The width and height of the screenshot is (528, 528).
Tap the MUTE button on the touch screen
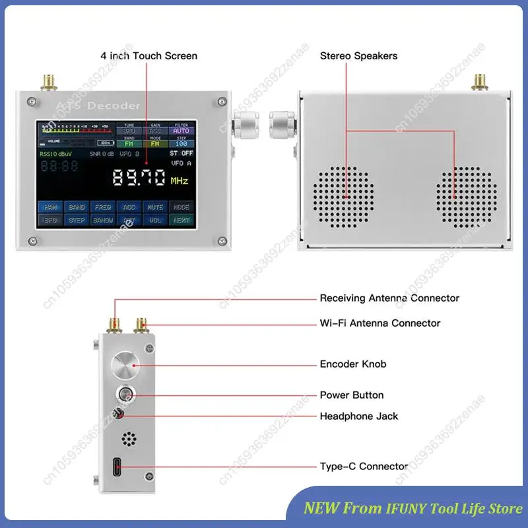(154, 207)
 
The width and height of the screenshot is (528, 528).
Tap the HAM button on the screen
(51, 207)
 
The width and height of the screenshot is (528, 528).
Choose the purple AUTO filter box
(180, 131)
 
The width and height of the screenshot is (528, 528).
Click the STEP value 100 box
(180, 143)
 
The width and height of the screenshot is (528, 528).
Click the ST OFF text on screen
(181, 153)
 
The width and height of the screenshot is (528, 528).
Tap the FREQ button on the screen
(102, 207)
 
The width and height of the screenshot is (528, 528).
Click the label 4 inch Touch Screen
(148, 56)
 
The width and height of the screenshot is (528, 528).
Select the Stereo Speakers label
(358, 56)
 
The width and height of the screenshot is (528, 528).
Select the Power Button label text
(351, 395)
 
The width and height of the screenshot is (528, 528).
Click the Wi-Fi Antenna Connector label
(379, 323)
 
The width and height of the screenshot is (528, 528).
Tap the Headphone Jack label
(358, 416)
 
